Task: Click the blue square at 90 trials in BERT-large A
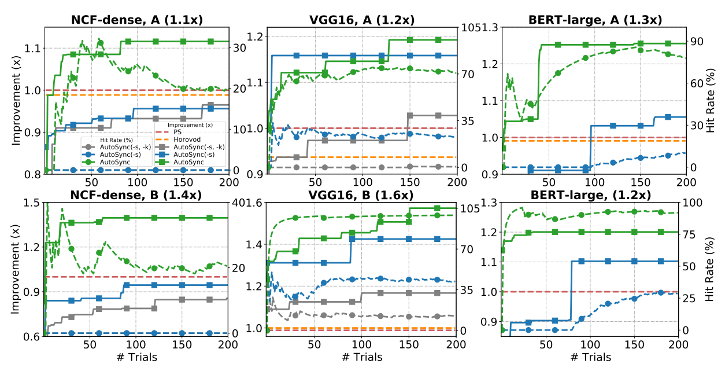coord(585,170)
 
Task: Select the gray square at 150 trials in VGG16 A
coord(410,115)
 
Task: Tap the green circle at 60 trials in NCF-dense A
coord(100,42)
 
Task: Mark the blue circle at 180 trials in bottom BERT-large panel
coord(661,292)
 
